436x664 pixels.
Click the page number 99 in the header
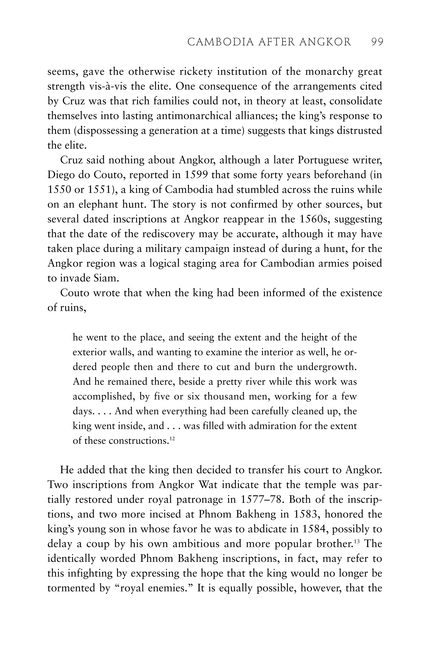(377, 42)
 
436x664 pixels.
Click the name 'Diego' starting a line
(60, 175)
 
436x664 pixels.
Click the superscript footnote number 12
(172, 439)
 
